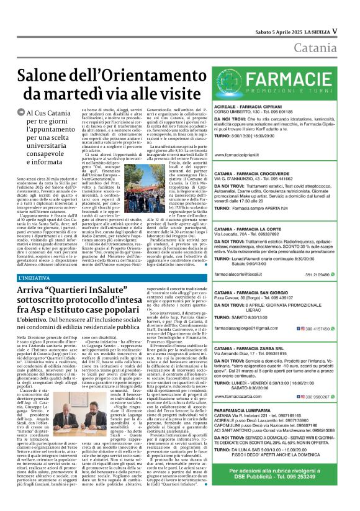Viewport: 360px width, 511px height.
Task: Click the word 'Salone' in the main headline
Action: click(47, 76)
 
